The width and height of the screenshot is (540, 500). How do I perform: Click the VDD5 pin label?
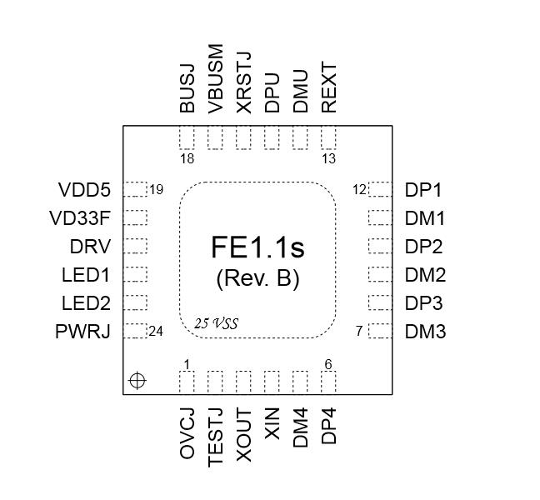[84, 190]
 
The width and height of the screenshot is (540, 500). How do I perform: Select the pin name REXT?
[329, 87]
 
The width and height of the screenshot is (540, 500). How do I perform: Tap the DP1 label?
[423, 190]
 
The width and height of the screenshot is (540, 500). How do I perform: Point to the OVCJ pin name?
[187, 432]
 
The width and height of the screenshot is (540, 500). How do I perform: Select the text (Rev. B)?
[257, 277]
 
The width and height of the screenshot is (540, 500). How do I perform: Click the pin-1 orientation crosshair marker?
[137, 381]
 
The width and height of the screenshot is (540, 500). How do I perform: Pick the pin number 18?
[187, 158]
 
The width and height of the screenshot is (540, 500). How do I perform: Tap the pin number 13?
[329, 158]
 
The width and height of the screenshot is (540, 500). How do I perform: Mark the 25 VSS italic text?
[216, 323]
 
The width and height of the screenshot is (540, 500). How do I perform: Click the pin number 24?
[156, 331]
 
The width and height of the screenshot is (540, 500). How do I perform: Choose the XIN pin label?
[272, 424]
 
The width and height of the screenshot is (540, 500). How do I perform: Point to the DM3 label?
[425, 332]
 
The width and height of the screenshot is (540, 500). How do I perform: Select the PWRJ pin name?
[83, 332]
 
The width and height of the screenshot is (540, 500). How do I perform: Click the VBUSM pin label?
[216, 79]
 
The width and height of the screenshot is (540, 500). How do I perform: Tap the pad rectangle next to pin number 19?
[135, 190]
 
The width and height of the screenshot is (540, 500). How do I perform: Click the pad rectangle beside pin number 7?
[380, 331]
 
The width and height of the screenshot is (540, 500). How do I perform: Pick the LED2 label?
[86, 303]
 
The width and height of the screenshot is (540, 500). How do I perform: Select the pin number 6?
[328, 364]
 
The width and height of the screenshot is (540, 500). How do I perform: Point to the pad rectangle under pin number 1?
[187, 382]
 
